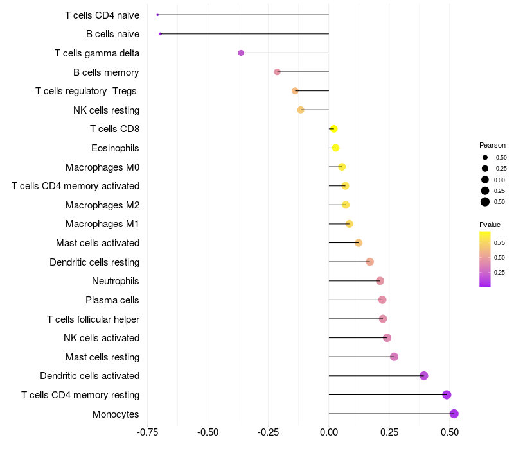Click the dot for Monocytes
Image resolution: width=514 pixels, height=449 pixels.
coord(454,414)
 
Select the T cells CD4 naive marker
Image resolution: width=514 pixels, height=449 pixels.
coord(157,15)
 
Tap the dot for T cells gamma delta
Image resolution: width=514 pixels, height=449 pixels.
coord(241,53)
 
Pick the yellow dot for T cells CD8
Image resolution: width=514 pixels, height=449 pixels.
coord(333,129)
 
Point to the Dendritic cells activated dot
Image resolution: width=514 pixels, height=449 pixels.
coord(424,376)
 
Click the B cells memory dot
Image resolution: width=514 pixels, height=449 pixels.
coord(278,72)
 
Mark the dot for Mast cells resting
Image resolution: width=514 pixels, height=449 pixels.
coord(394,357)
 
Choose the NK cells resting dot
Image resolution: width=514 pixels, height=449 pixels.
coord(301,110)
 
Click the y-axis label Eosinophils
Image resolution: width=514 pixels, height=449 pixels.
coord(115,148)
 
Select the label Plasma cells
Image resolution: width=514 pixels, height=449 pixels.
coord(112,300)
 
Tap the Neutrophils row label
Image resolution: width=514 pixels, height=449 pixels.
coord(116,281)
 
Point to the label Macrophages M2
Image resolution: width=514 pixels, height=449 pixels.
coord(102,205)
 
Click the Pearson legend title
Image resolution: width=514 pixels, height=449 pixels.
coord(492,145)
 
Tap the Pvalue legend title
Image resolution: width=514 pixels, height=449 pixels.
coord(490,224)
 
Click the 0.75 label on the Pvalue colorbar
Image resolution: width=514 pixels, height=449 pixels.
coord(499,243)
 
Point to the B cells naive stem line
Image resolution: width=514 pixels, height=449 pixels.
coord(244,33)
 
